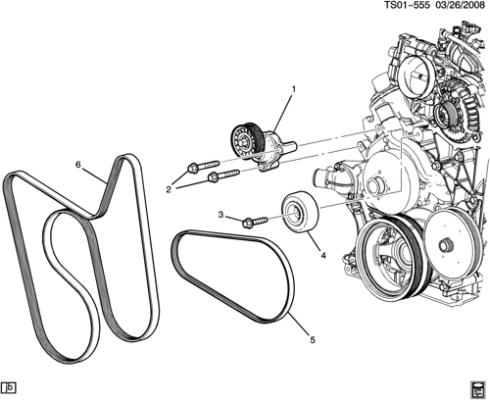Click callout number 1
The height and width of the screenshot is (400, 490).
click(x=293, y=88)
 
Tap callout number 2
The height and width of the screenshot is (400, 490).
click(x=169, y=189)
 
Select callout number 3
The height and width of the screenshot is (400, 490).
click(x=220, y=215)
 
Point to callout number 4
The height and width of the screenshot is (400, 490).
click(x=323, y=256)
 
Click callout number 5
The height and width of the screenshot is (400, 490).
click(x=313, y=340)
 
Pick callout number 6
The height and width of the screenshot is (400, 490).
click(x=77, y=165)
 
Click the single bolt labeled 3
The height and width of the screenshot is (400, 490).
click(x=255, y=223)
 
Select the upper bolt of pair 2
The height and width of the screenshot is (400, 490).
click(x=203, y=166)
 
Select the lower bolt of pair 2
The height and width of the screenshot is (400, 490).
click(x=224, y=175)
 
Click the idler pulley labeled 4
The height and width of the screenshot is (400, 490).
click(x=300, y=212)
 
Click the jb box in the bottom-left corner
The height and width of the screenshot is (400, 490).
click(x=9, y=387)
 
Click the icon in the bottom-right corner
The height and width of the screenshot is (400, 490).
click(x=478, y=390)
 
